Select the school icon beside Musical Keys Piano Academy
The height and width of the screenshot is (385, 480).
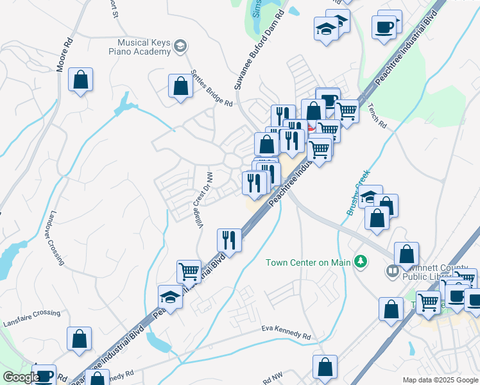point(180,46)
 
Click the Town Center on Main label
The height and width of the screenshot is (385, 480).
point(309,262)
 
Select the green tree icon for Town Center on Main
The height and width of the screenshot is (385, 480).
point(361,261)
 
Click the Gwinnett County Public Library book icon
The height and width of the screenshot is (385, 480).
point(392,271)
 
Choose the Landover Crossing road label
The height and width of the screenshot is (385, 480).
point(56,238)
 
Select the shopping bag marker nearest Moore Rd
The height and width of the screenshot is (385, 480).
point(81,80)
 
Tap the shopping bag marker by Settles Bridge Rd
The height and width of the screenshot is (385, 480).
point(181,85)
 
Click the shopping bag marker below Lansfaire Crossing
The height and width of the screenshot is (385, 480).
point(79,338)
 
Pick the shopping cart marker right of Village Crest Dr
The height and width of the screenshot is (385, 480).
point(189,270)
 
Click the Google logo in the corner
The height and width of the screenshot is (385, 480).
point(21,377)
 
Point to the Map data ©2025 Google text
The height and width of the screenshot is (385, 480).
point(440,380)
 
